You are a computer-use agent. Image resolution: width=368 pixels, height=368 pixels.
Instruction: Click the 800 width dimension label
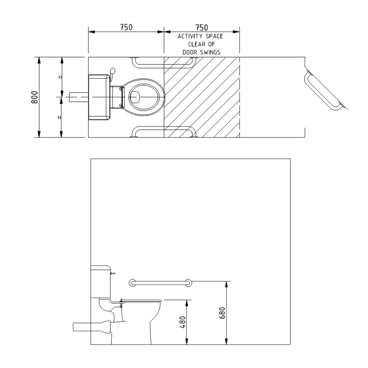coord(34,97)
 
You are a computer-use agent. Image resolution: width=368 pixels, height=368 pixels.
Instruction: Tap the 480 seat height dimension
coord(182,322)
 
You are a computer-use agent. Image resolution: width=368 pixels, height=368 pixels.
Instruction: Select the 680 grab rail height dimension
coord(222,313)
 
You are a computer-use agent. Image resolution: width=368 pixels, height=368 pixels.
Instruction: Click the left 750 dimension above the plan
coord(126,27)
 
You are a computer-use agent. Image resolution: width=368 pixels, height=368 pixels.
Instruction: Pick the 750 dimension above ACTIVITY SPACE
coord(202,28)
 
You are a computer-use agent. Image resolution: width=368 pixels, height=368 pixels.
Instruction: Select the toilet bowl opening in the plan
coord(144,97)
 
